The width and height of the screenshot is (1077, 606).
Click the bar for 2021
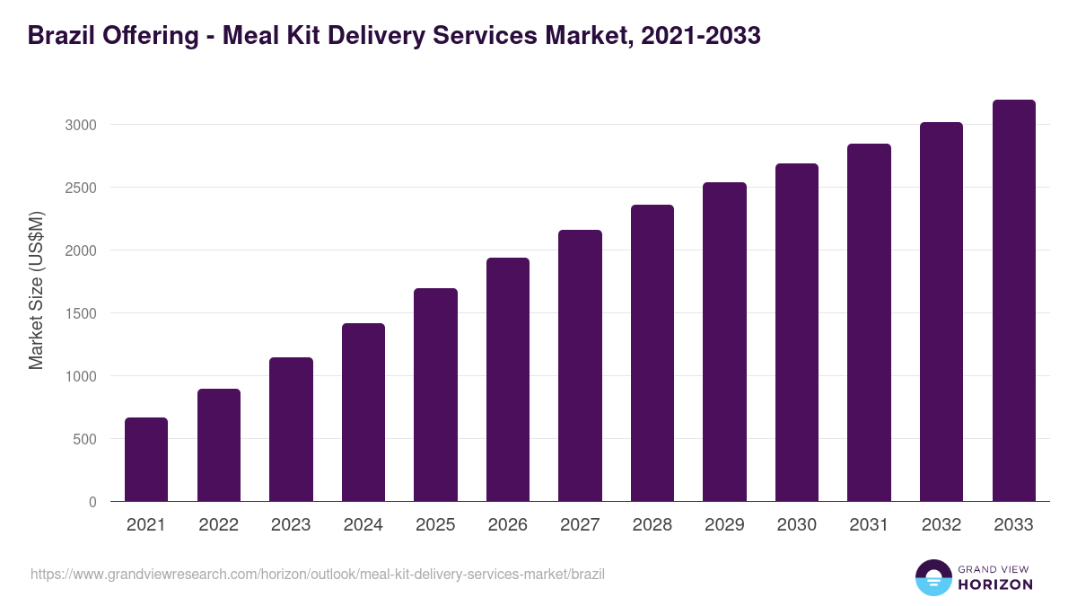146,459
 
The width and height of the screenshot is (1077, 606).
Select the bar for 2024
363,412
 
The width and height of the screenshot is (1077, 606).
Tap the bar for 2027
580,365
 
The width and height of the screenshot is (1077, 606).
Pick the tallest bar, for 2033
1013,301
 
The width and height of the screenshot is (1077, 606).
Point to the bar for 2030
797,332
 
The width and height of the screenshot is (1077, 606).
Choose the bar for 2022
219,444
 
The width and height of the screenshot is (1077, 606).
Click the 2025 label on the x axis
435,525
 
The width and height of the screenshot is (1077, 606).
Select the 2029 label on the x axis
724,525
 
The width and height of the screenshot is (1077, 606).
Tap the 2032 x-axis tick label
941,525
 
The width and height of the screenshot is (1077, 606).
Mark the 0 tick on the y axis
92,502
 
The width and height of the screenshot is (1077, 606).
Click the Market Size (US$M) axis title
36,289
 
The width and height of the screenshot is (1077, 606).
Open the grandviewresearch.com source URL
318,574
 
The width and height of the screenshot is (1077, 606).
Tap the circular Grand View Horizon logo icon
933,577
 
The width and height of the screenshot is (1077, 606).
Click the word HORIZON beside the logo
995,584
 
